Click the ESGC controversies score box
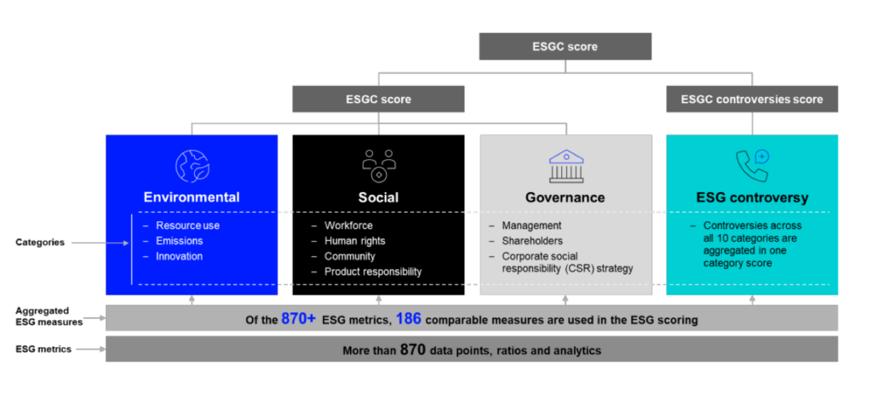pyautogui.click(x=752, y=99)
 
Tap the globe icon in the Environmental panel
pyautogui.click(x=192, y=164)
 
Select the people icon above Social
pyautogui.click(x=378, y=164)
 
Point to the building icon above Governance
pyautogui.click(x=565, y=164)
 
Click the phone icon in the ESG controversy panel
pyautogui.click(x=752, y=164)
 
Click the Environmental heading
pyautogui.click(x=192, y=197)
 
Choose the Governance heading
pyautogui.click(x=565, y=197)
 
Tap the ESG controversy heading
pyautogui.click(x=752, y=197)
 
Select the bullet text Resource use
pyautogui.click(x=187, y=225)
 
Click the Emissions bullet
pyautogui.click(x=179, y=241)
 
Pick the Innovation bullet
pyautogui.click(x=179, y=256)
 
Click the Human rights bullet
pyautogui.click(x=354, y=241)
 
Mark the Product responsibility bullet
pyautogui.click(x=373, y=271)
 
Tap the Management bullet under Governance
pyautogui.click(x=531, y=225)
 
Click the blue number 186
pyautogui.click(x=409, y=319)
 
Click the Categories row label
pyautogui.click(x=39, y=243)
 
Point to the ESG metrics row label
pyautogui.click(x=43, y=349)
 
